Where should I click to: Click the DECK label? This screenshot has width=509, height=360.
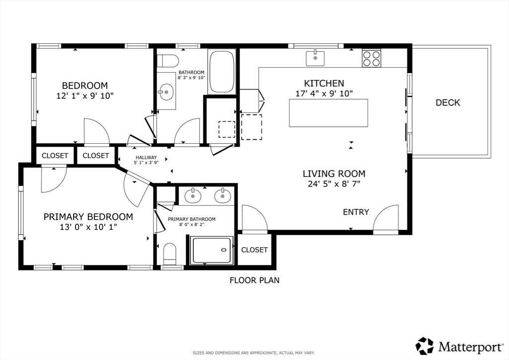448,102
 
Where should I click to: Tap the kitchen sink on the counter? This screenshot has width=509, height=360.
315,59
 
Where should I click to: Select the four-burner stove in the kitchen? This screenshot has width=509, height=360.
372,59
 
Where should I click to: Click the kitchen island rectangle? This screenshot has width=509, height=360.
329,113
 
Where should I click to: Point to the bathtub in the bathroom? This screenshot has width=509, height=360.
222,71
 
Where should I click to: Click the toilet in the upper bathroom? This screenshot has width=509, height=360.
168,61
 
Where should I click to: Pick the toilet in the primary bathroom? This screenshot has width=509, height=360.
170,254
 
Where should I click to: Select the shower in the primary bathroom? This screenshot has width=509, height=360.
212,250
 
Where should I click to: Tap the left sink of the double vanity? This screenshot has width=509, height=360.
193,196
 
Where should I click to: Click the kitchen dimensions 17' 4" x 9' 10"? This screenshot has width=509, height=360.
324,94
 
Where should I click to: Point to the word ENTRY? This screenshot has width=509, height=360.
356,212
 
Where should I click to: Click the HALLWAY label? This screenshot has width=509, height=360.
146,158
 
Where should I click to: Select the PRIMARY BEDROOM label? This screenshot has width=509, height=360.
88,217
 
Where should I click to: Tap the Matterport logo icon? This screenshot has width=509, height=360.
424,346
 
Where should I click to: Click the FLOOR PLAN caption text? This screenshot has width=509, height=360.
254,280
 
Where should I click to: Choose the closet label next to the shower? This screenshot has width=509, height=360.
254,250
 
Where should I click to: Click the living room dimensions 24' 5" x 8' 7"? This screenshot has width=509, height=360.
334,184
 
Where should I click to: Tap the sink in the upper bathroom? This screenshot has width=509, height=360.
167,91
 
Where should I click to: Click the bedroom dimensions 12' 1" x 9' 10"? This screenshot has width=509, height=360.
85,96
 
